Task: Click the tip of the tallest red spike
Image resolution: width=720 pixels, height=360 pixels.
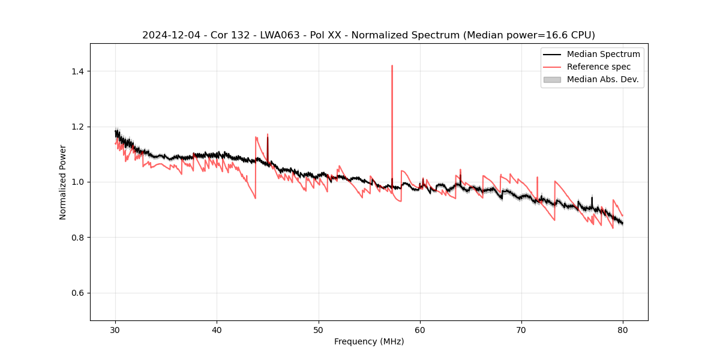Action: [392, 66]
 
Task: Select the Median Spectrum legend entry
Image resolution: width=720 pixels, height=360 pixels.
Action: [603, 54]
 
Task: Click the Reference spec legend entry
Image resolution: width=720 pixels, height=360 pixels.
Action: [598, 67]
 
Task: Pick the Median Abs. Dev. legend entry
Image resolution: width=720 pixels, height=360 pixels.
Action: [602, 79]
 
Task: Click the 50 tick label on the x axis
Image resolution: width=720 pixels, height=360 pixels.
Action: [319, 329]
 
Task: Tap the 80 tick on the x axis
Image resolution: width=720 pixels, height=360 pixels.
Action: [623, 320]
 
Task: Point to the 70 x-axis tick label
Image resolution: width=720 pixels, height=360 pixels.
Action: [521, 329]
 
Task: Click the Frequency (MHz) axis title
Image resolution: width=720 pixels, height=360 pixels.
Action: [369, 341]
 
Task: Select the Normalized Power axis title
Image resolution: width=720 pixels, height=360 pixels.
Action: [63, 182]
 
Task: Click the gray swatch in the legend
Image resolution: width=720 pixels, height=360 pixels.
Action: [552, 79]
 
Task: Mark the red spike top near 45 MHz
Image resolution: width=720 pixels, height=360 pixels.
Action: [268, 134]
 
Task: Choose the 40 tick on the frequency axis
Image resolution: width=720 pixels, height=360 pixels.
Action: [217, 320]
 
